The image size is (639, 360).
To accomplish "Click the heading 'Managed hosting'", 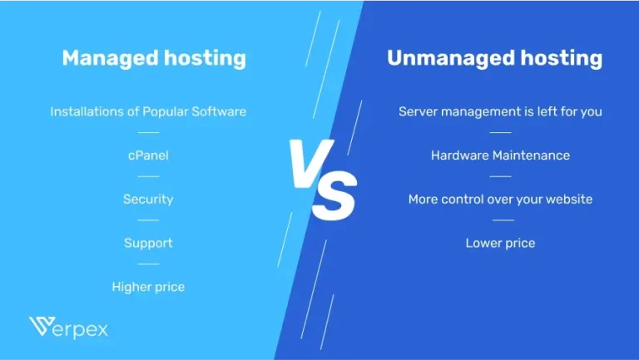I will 154,58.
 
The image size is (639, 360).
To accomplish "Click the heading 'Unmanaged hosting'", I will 494,58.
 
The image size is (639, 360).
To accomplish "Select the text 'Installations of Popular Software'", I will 148,111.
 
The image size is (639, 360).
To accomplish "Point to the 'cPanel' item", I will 148,155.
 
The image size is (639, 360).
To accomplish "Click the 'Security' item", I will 148,200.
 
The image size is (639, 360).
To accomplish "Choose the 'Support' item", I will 148,244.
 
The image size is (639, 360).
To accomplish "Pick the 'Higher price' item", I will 148,287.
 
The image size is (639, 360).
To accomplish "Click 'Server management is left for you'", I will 500,111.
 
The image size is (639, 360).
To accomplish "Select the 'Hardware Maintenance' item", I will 500,155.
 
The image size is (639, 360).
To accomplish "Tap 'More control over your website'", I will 500,200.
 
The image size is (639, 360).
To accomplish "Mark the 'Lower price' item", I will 500,244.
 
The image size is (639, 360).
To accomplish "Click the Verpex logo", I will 68,328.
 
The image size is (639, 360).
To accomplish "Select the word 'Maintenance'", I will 531,155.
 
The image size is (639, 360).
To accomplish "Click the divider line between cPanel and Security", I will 148,176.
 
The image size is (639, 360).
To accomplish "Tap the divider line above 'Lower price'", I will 501,220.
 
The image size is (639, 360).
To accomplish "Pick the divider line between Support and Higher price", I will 148,264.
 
